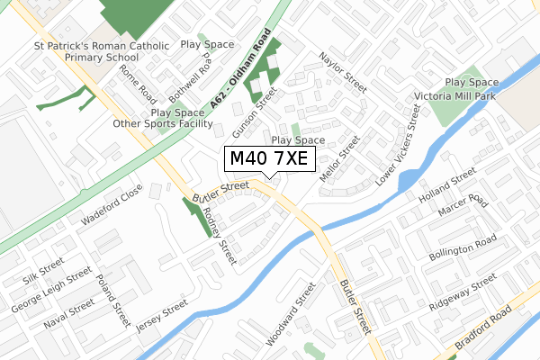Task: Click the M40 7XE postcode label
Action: (x=269, y=160)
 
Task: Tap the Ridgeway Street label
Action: (x=462, y=293)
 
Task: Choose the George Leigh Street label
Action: (x=51, y=290)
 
